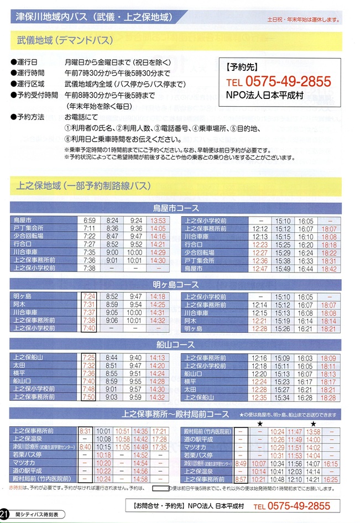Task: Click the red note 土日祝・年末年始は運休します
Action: (303, 19)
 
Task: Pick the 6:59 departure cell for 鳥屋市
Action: (90, 220)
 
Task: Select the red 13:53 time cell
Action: (158, 220)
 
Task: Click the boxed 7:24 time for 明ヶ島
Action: (89, 296)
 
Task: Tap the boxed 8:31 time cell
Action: (86, 430)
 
